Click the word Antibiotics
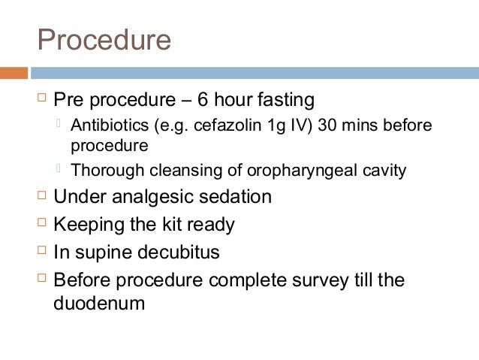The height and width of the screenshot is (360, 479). [x=104, y=124]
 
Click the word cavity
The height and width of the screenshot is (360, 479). [x=382, y=171]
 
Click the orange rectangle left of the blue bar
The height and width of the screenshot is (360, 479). [x=14, y=73]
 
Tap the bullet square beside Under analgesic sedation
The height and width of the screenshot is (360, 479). [x=41, y=196]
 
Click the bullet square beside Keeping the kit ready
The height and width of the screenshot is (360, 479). [x=41, y=223]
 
